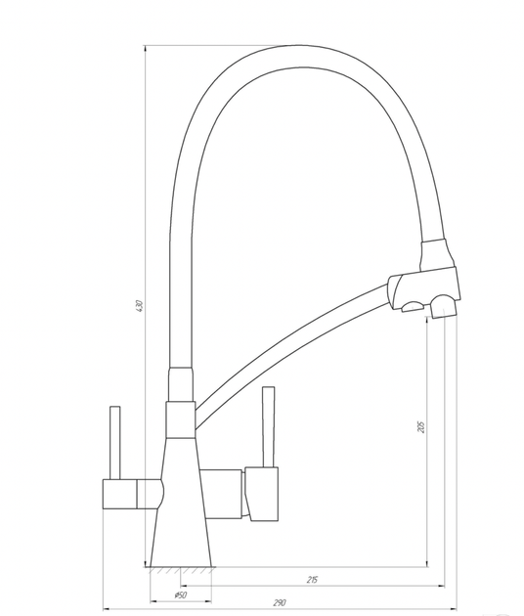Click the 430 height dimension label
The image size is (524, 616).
pyautogui.click(x=139, y=306)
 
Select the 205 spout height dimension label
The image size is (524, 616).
pyautogui.click(x=421, y=426)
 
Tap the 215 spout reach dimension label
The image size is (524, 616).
pyautogui.click(x=312, y=580)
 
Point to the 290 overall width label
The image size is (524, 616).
pyautogui.click(x=280, y=602)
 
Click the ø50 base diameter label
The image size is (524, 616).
pyautogui.click(x=180, y=594)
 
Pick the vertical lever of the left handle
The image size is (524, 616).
pyautogui.click(x=114, y=443)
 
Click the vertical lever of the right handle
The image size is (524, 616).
pyautogui.click(x=269, y=427)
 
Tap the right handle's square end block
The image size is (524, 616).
pyautogui.click(x=262, y=494)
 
